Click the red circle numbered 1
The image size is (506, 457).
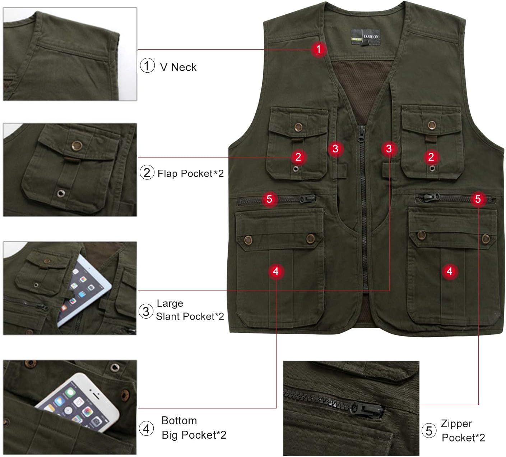click(x=319, y=49)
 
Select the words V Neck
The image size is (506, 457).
click(x=178, y=67)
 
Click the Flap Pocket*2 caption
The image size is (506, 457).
click(x=190, y=174)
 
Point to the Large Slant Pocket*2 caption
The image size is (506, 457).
click(x=190, y=310)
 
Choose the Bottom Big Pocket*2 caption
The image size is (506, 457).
click(x=194, y=428)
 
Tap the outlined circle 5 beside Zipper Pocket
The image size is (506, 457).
click(x=429, y=431)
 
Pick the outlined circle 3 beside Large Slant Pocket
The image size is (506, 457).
click(x=146, y=311)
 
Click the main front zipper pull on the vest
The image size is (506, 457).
click(x=362, y=134)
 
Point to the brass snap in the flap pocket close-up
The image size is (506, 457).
click(x=77, y=146)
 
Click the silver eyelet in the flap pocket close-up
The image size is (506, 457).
click(x=60, y=193)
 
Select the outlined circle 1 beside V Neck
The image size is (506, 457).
click(x=147, y=65)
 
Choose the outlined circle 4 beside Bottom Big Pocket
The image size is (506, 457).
click(x=146, y=429)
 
